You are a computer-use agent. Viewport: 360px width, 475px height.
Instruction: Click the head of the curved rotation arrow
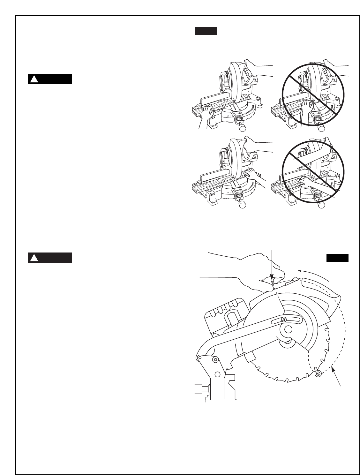click(299, 271)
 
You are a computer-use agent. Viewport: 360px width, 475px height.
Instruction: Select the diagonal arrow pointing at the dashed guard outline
click(338, 375)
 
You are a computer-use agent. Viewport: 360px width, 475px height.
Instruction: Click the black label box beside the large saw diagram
click(337, 258)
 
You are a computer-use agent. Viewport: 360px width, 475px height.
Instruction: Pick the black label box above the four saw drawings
click(206, 31)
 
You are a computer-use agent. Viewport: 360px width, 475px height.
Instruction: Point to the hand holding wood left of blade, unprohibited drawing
click(208, 111)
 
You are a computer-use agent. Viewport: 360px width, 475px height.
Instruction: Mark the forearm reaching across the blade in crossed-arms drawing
click(306, 156)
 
